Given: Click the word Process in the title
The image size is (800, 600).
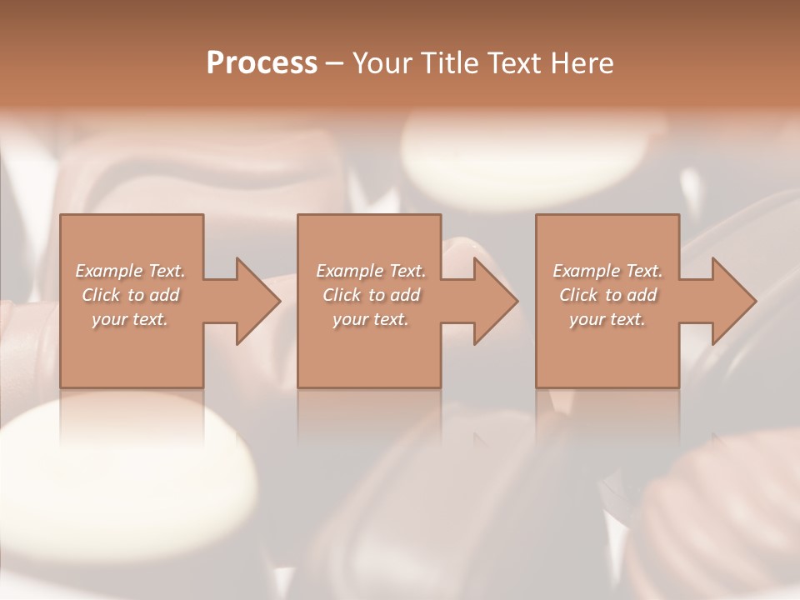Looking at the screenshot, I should [262, 63].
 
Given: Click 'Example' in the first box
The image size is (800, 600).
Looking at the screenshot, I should [108, 271].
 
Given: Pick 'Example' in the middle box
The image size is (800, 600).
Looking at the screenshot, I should [348, 271].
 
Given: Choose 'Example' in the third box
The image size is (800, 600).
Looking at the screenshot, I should [586, 271].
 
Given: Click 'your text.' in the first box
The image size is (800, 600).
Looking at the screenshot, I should [130, 319].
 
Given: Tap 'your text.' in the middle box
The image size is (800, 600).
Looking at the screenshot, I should [370, 319].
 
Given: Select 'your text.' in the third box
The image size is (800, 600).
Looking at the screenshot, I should [607, 319].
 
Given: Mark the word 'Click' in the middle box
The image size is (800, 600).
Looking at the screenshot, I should [342, 295].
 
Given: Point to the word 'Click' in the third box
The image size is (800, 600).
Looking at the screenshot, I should [578, 295].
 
